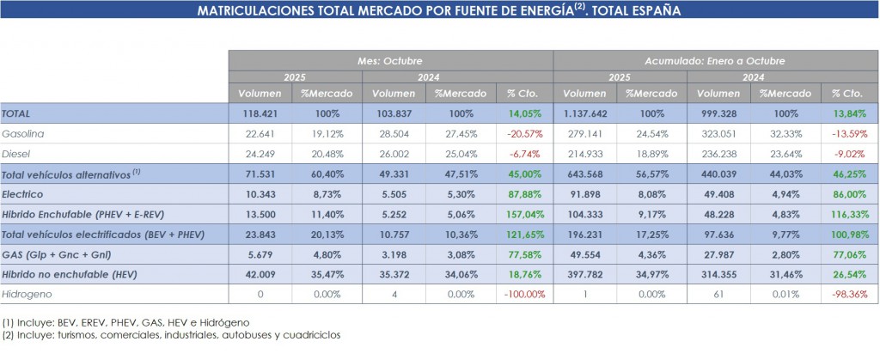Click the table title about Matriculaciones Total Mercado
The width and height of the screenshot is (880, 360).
point(440,11)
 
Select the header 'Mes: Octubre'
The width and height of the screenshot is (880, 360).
point(390,61)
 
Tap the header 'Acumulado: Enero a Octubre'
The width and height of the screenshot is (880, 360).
point(714,61)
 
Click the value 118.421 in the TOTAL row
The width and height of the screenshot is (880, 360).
point(260,113)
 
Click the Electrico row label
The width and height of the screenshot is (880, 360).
point(23,193)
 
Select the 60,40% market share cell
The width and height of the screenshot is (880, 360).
point(327,174)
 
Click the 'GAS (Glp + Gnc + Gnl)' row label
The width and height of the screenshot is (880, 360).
point(56,253)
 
